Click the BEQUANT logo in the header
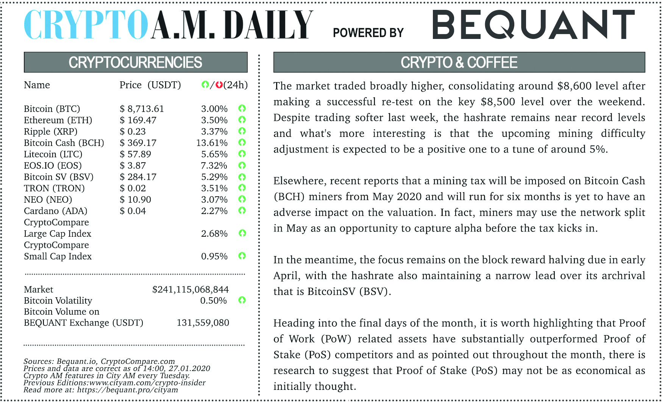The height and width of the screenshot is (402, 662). pyautogui.click(x=533, y=25)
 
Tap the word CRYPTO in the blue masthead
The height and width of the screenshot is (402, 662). pyautogui.click(x=86, y=25)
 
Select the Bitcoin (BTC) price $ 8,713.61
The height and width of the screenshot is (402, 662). pyautogui.click(x=142, y=109)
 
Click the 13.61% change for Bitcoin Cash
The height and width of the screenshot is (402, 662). pyautogui.click(x=212, y=143)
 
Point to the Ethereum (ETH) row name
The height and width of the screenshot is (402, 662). pyautogui.click(x=58, y=120)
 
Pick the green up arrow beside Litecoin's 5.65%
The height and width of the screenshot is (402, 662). pyautogui.click(x=242, y=154)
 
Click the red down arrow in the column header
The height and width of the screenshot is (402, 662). pyautogui.click(x=219, y=85)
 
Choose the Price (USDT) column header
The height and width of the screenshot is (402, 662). pyautogui.click(x=150, y=85)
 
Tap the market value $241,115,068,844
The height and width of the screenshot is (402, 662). pyautogui.click(x=190, y=290)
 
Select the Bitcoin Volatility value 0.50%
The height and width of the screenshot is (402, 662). pyautogui.click(x=213, y=301)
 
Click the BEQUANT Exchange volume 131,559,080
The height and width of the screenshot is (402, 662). pyautogui.click(x=203, y=323)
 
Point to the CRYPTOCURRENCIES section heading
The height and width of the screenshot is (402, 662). pyautogui.click(x=135, y=62)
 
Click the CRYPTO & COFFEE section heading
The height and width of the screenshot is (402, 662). pyautogui.click(x=459, y=62)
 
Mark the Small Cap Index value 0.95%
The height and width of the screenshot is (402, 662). pyautogui.click(x=214, y=256)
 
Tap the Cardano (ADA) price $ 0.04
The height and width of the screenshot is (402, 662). pyautogui.click(x=133, y=211)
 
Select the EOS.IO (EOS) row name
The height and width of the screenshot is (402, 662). pyautogui.click(x=53, y=166)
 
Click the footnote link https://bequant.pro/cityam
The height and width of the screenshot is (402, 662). pyautogui.click(x=127, y=390)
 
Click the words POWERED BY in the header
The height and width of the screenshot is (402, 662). pyautogui.click(x=368, y=33)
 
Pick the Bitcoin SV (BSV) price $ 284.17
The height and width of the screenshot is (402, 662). pyautogui.click(x=138, y=177)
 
